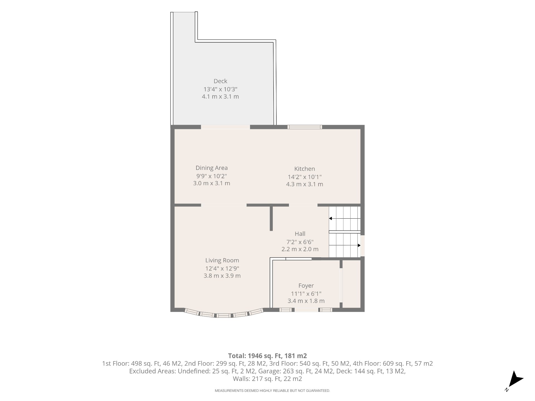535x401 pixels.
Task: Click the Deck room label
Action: click(x=220, y=81)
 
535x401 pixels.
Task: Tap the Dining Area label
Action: click(x=211, y=168)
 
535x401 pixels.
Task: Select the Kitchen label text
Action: click(x=305, y=169)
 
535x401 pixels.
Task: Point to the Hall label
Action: click(x=300, y=234)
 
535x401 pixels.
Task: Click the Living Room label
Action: click(x=222, y=260)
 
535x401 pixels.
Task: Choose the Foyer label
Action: click(x=306, y=286)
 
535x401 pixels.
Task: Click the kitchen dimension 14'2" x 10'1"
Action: click(x=305, y=177)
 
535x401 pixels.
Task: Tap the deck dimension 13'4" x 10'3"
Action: click(x=220, y=89)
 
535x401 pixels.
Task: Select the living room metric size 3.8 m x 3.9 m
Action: click(x=222, y=276)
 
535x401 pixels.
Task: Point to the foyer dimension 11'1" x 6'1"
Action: click(x=306, y=294)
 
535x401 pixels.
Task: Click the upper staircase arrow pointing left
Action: click(x=345, y=219)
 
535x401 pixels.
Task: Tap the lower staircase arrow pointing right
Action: click(x=345, y=245)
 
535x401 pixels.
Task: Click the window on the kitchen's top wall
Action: click(x=305, y=127)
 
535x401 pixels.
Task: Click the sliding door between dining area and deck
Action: click(x=225, y=127)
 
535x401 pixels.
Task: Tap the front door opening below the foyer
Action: click(x=306, y=310)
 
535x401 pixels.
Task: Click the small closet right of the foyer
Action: click(x=351, y=284)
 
